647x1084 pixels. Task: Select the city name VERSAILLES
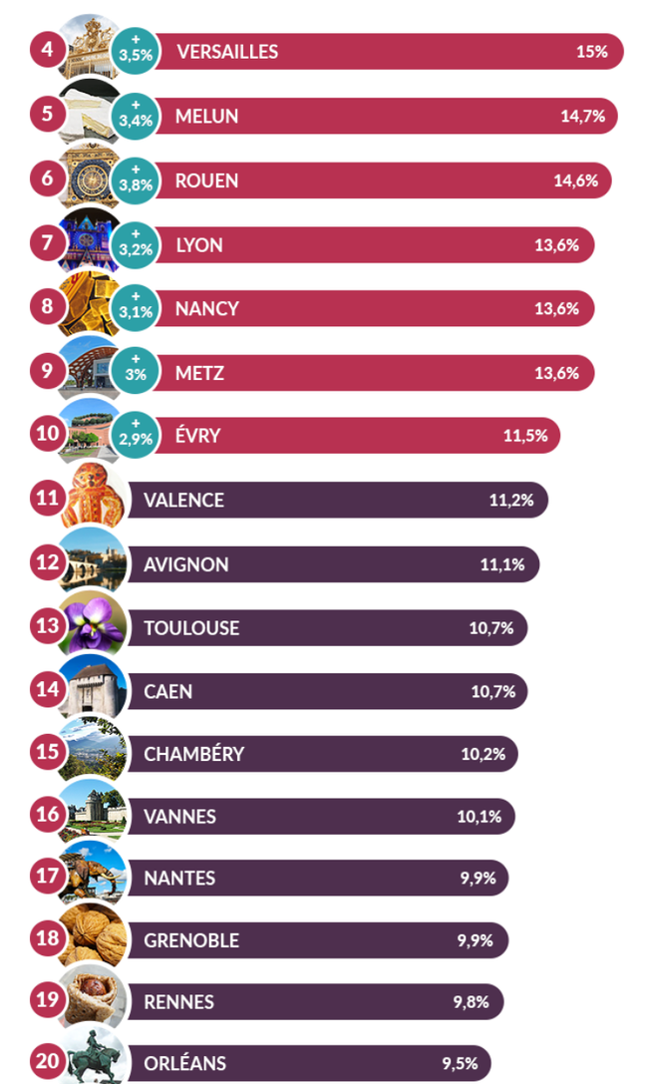tap(227, 52)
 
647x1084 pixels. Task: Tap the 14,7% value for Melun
tap(582, 116)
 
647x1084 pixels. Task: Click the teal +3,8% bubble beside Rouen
tap(136, 180)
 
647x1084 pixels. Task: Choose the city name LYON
tap(199, 244)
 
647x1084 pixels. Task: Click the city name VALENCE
tap(183, 500)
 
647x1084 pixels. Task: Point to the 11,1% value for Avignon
tap(501, 564)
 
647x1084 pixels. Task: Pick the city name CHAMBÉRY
tap(193, 754)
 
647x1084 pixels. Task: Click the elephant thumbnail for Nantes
tap(93, 879)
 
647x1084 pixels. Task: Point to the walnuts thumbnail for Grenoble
tap(93, 939)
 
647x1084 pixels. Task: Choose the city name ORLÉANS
tap(184, 1063)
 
